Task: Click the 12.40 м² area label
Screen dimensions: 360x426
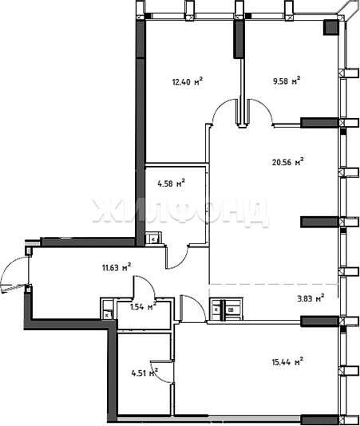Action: click(188, 81)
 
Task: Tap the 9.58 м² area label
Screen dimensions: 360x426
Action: click(287, 81)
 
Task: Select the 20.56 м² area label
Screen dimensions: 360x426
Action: click(287, 162)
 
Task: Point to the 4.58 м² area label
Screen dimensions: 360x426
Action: click(172, 183)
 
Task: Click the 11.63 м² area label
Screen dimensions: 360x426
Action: click(117, 267)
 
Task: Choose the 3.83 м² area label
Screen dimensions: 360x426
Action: click(311, 298)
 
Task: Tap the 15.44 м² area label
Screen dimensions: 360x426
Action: click(287, 361)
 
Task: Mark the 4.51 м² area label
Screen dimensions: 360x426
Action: click(145, 373)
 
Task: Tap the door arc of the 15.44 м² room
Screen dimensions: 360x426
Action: click(198, 302)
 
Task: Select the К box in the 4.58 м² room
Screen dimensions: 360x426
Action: click(153, 239)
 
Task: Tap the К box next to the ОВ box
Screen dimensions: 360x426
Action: click(216, 310)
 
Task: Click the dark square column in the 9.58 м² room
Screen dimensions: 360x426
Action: click(330, 27)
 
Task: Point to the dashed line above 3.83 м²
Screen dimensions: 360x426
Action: click(273, 284)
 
